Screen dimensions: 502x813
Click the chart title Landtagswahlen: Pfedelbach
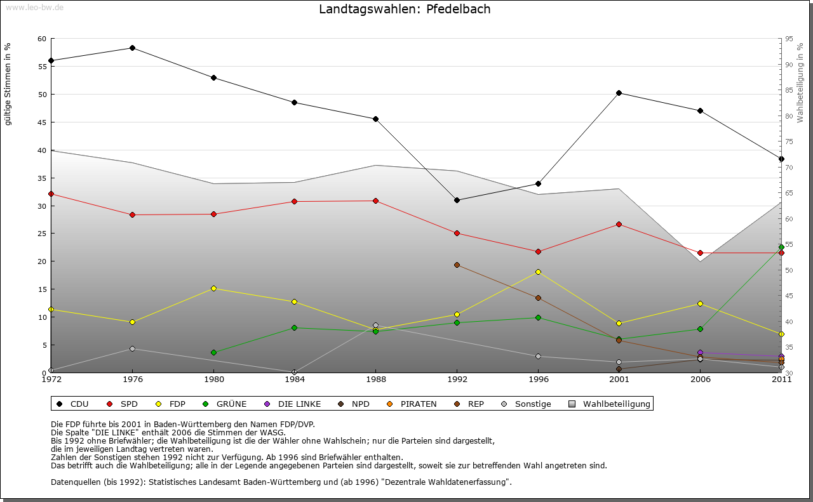tap(405, 10)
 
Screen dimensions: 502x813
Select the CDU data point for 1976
tap(132, 48)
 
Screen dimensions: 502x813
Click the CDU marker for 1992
tap(457, 200)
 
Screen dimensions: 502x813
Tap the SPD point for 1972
tap(51, 194)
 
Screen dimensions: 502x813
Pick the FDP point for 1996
tap(538, 272)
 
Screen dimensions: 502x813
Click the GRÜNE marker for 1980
tap(213, 352)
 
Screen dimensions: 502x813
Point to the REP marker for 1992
tap(457, 265)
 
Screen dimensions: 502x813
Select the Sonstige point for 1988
tap(375, 326)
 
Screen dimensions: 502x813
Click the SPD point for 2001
tap(619, 224)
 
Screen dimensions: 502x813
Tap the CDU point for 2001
tap(619, 93)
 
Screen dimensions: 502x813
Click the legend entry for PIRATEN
tap(413, 404)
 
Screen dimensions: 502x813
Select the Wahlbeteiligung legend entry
tap(610, 404)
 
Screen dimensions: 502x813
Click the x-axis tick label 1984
tap(294, 380)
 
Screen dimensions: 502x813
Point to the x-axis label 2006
tap(700, 380)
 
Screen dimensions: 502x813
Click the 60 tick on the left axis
tap(42, 39)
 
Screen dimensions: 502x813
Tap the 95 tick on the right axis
tap(788, 39)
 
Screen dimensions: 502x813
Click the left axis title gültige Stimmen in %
tap(8, 84)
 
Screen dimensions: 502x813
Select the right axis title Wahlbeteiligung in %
tap(800, 83)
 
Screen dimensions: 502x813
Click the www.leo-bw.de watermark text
tap(34, 7)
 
